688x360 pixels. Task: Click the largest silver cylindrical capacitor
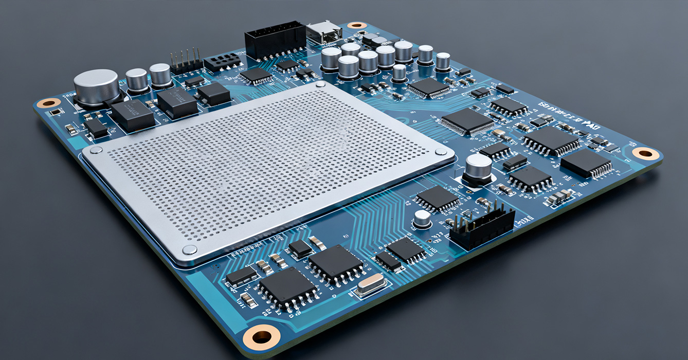pos(97,86)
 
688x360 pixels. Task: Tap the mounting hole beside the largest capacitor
pos(49,103)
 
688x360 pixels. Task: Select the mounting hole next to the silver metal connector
pos(357,25)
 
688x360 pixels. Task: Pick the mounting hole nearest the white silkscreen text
pos(645,153)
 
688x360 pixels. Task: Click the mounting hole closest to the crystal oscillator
pos(262,337)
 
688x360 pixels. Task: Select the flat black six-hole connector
pos(222,62)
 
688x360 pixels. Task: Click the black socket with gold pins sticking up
pos(482,225)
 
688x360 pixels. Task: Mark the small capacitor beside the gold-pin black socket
pos(422,219)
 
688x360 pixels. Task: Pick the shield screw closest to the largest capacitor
pos(95,150)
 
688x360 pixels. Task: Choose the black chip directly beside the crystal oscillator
pos(336,264)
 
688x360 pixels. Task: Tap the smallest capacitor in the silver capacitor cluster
pos(399,73)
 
